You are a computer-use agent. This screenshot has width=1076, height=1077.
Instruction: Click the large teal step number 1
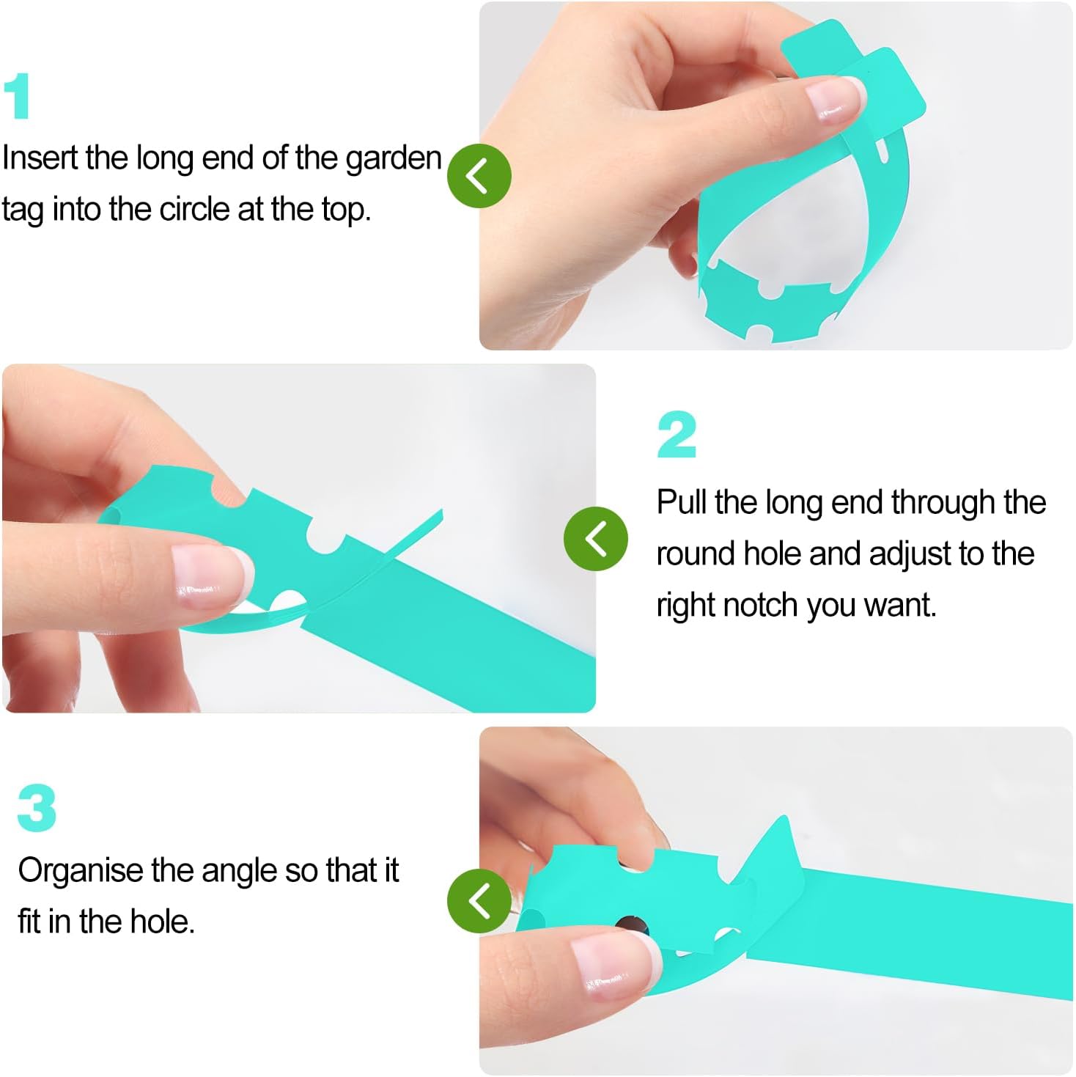17,95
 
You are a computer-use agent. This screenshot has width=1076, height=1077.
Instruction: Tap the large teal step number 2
677,434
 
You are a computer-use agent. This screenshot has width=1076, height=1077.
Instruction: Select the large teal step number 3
37,808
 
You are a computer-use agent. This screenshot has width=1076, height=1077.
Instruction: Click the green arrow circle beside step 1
479,176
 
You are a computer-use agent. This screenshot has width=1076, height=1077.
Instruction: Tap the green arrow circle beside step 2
596,539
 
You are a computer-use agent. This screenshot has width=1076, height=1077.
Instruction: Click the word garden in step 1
394,160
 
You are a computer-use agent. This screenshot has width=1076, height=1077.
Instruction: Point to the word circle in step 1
194,210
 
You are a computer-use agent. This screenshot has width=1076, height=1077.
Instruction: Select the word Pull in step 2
682,502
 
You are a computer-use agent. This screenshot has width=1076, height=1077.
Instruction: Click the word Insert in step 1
40,158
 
